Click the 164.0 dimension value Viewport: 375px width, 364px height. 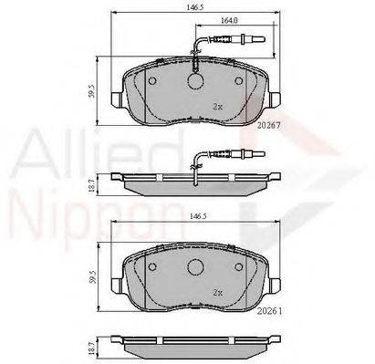point(229,20)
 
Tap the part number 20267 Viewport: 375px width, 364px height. point(268,125)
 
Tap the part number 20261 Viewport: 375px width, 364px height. point(269,311)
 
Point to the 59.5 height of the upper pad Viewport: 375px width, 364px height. point(93,90)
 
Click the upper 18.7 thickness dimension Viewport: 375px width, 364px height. point(93,184)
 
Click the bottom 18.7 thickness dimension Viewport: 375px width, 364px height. point(93,347)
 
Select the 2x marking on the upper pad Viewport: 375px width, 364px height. point(217,107)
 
